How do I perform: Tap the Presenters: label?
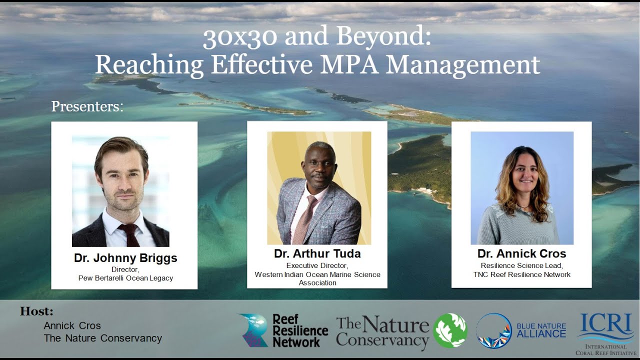[x=87, y=106]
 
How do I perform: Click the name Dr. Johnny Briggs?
[x=125, y=258]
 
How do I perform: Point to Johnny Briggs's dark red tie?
[x=131, y=234]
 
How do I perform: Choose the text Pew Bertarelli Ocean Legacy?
[x=125, y=278]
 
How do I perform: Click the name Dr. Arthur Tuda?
[x=317, y=253]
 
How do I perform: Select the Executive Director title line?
[x=317, y=265]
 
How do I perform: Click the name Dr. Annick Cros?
[x=521, y=253]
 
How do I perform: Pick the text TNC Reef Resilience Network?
[x=521, y=274]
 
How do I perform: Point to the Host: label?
[x=36, y=311]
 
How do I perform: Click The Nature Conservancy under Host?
[x=103, y=338]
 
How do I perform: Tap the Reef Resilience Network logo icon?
[x=253, y=330]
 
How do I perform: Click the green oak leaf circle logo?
[x=450, y=330]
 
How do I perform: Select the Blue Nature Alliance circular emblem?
[x=493, y=330]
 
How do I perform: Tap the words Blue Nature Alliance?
[x=541, y=330]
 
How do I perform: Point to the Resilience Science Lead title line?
[x=521, y=265]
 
